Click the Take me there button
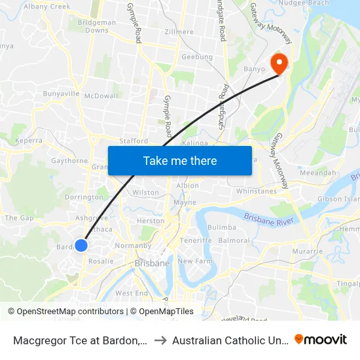point(180,160)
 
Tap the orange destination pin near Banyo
point(279,63)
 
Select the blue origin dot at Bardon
point(81,245)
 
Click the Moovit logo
point(321,339)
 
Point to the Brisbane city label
point(152,263)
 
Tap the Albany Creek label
point(46,7)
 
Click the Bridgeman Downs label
point(97,26)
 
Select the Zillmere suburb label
point(179,31)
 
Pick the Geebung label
point(197,57)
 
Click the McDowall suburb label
point(101,96)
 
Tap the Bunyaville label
point(61,94)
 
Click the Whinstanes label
point(257,191)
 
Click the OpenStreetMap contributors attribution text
point(70,312)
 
